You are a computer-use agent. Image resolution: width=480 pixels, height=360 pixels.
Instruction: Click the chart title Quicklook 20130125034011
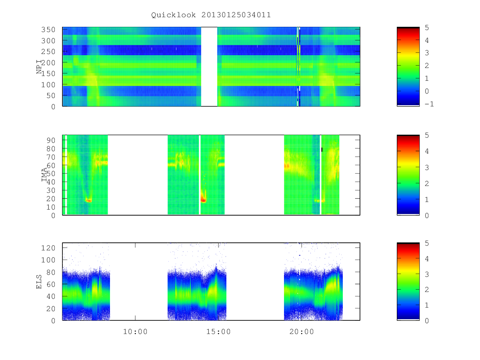pos(211,15)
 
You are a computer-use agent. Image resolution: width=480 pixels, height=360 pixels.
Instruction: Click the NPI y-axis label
pos(39,67)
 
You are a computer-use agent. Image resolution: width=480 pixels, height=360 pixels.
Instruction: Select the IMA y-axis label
pos(44,175)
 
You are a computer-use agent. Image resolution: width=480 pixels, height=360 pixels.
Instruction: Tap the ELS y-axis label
pos(39,282)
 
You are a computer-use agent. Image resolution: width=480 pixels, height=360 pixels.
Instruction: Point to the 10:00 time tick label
pos(135,332)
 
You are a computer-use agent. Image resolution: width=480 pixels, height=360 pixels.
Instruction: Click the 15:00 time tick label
pos(218,332)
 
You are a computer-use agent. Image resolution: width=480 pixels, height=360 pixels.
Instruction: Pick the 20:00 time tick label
pos(301,332)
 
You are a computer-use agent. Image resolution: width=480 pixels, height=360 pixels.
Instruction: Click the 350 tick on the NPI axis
pos(48,30)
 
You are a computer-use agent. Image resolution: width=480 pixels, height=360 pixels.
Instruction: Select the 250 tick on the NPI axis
pos(48,52)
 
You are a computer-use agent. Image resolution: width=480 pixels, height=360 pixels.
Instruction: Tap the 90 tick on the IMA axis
pos(51,140)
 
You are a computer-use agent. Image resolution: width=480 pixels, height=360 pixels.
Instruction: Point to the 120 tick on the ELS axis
pos(48,248)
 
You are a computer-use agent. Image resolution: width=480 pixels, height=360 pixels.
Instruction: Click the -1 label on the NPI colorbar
pos(429,104)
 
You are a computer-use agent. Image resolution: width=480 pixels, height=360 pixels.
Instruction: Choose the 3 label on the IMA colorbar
pos(427,168)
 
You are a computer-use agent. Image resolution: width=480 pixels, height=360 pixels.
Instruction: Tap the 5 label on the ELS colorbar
pos(427,243)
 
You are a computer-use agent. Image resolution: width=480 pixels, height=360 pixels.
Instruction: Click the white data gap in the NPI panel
pos(209,67)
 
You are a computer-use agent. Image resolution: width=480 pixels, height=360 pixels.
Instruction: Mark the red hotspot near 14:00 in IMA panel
pos(203,200)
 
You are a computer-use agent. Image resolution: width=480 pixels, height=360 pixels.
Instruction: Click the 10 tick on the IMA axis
pos(51,207)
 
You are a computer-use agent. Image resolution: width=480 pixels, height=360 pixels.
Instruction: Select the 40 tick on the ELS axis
pos(51,296)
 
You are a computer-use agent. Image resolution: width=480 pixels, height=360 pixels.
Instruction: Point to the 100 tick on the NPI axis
pos(48,84)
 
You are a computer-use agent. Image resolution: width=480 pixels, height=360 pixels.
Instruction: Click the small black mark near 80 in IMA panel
pos(322,150)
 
